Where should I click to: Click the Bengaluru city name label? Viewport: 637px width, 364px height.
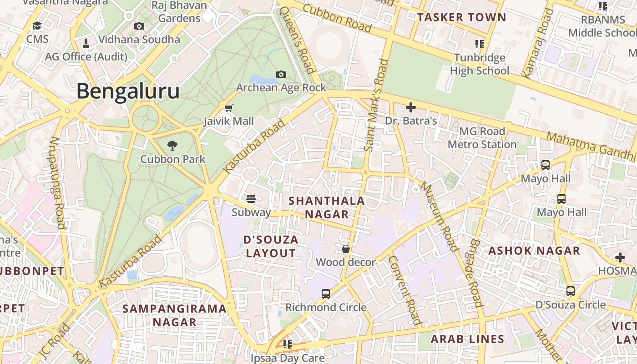[128, 91]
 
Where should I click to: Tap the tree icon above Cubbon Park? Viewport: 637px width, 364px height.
[172, 146]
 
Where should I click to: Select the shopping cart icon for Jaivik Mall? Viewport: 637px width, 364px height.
[229, 108]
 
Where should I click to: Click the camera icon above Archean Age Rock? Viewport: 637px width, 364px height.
[281, 74]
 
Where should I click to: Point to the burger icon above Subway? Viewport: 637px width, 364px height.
[251, 198]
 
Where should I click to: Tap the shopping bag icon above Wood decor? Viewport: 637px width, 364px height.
[346, 249]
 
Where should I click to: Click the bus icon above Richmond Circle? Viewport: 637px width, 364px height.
[326, 293]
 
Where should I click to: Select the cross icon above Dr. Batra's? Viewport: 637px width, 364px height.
[411, 107]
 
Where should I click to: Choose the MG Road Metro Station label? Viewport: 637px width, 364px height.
[482, 138]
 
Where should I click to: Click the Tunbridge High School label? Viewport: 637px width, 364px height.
[480, 64]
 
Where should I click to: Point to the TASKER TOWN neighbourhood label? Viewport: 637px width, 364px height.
[461, 18]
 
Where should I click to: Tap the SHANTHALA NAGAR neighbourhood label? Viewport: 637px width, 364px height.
[327, 207]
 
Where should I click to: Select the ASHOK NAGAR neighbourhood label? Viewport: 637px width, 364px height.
[534, 251]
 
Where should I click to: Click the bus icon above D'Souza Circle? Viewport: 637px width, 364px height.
[571, 291]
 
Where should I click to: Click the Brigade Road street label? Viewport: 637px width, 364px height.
[476, 273]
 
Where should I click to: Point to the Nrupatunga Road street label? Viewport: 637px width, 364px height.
[57, 182]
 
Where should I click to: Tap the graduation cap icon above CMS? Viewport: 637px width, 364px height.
[37, 26]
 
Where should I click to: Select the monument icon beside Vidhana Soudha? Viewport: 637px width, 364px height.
[86, 44]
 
